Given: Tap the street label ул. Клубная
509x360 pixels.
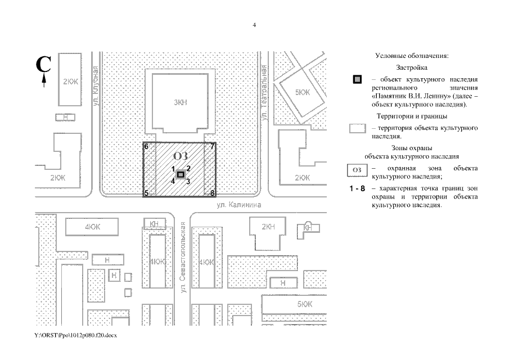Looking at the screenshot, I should coord(97,86).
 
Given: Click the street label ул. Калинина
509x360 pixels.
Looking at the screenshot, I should coord(240,205).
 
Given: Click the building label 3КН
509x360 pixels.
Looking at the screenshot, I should coord(180,102).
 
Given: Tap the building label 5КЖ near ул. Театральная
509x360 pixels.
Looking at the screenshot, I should coord(303,92).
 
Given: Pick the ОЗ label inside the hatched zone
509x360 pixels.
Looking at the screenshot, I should coord(180,156).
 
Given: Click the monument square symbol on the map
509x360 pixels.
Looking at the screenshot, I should coord(181,175).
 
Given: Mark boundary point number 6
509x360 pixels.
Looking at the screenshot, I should coord(146,147).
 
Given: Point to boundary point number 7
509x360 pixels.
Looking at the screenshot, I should coord(213,147).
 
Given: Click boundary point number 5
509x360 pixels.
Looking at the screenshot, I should coord(146,193).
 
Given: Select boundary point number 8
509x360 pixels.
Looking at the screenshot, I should coord(213,193).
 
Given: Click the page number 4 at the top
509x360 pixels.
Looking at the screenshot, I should coord(254,25).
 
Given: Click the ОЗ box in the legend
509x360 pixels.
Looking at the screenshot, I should coord(356,169).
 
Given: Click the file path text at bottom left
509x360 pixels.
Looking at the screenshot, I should coord(75,335).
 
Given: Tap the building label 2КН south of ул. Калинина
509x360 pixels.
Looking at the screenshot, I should coord(268,227).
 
